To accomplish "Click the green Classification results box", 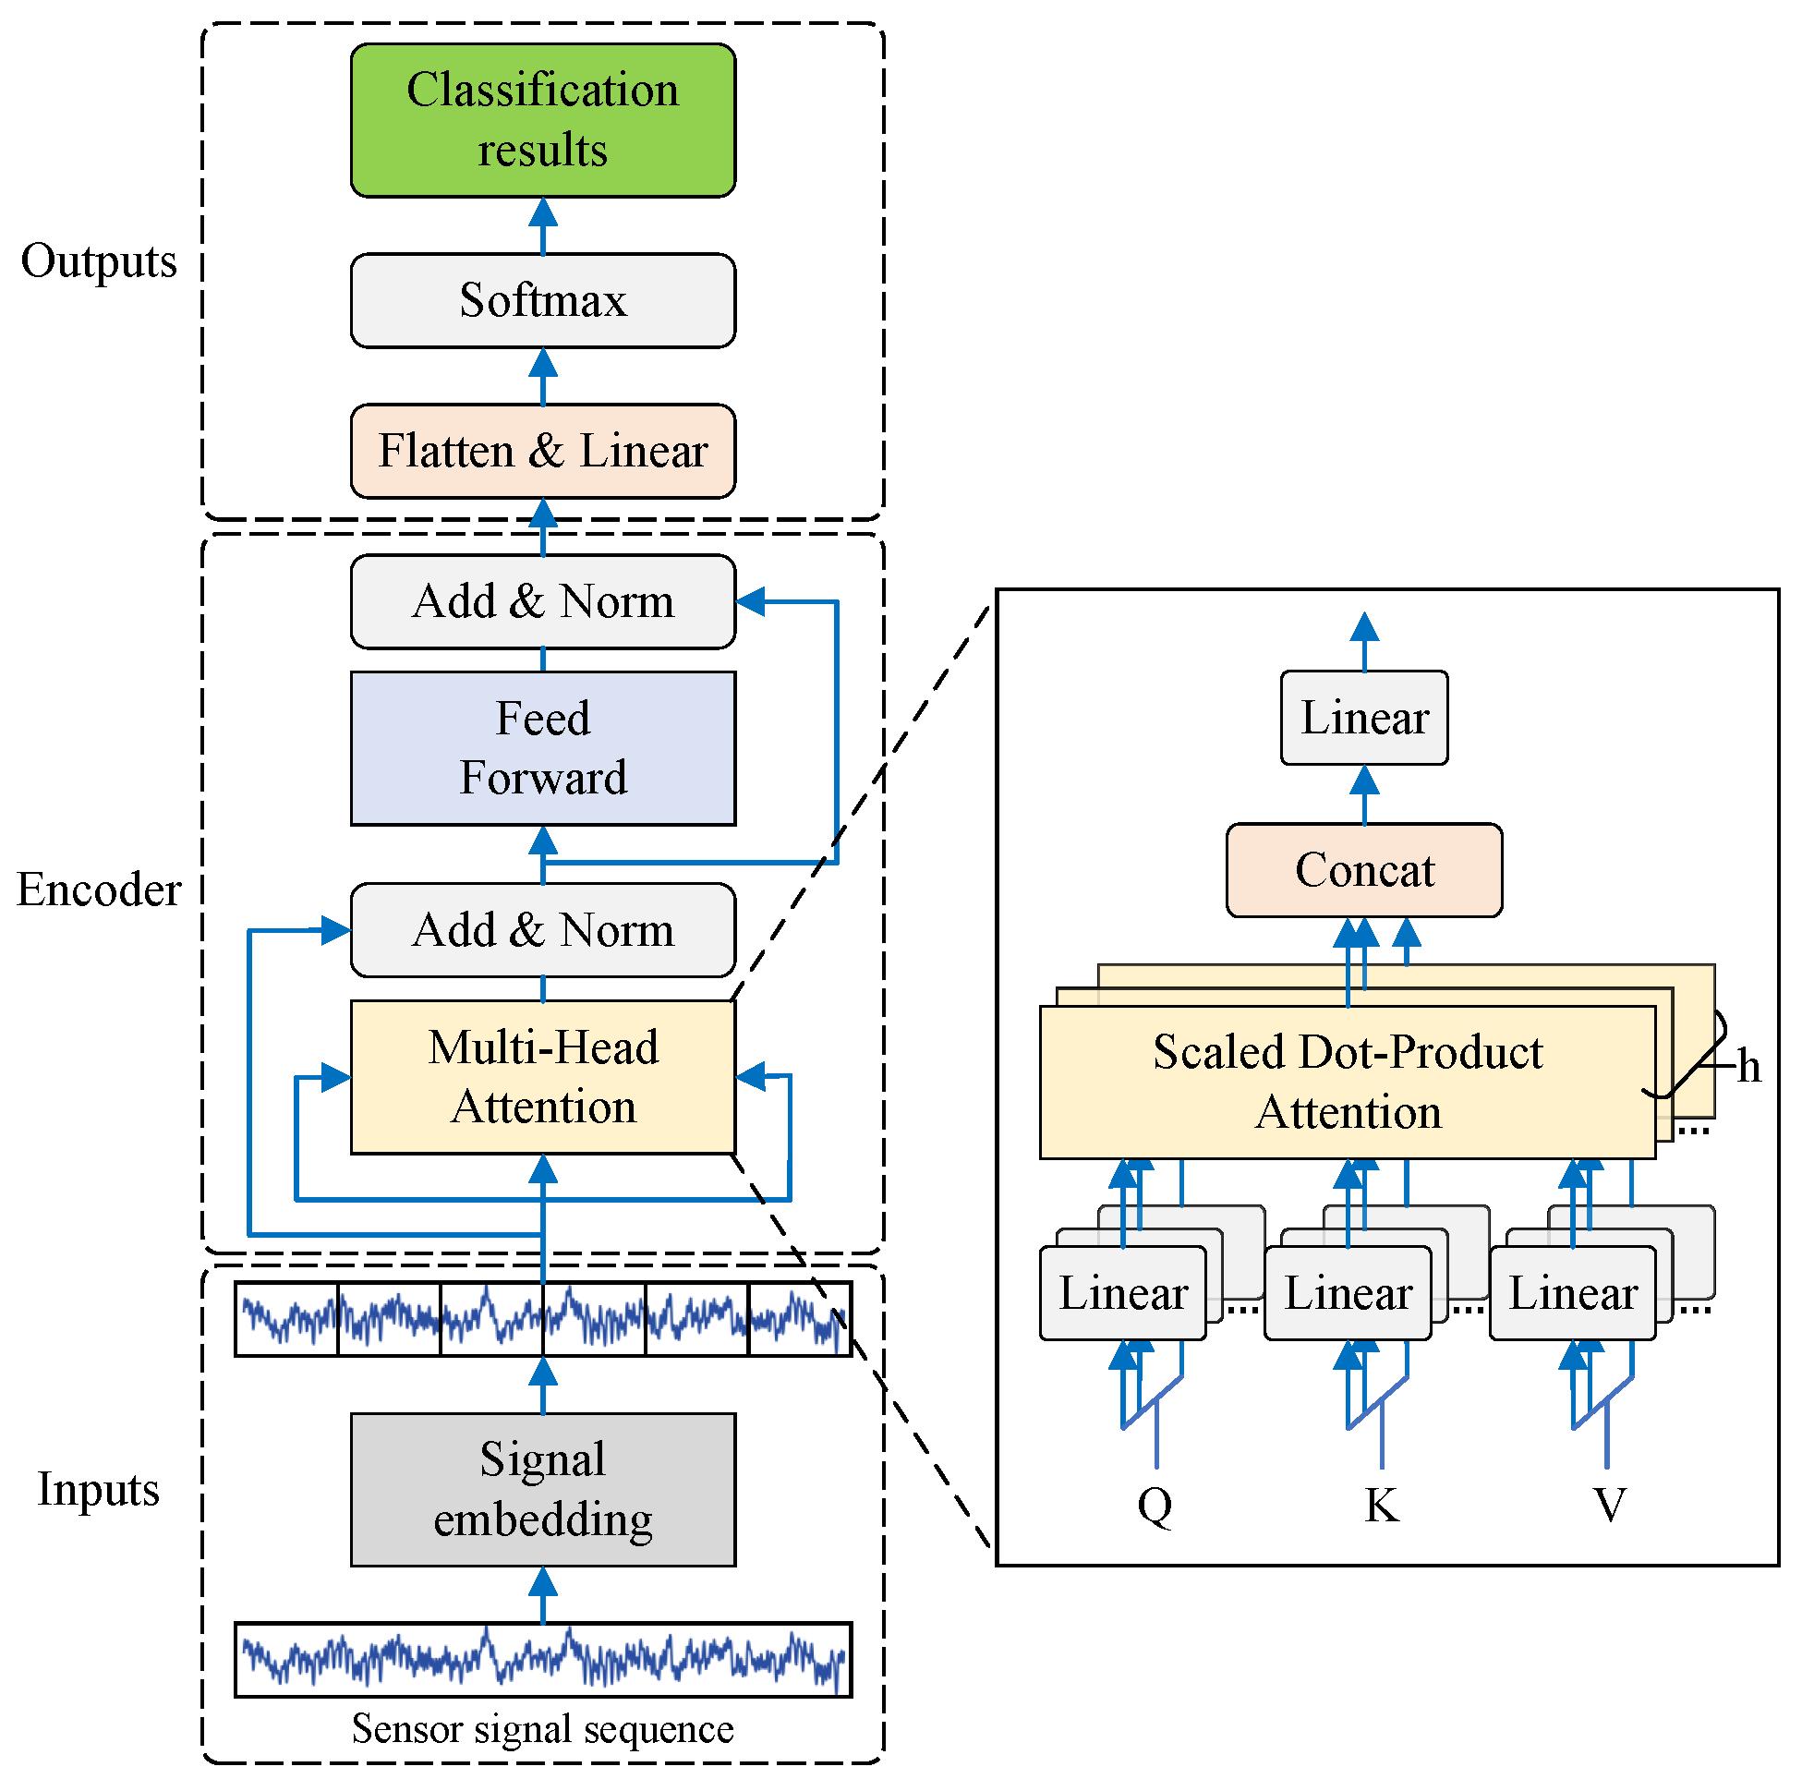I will coord(543,120).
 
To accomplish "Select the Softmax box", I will coord(543,300).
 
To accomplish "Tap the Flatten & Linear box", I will coord(543,451).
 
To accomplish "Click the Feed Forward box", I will coord(543,748).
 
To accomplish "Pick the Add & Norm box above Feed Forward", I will coord(543,601).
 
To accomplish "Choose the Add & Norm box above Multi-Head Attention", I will coord(543,930).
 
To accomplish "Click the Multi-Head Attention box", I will coord(543,1077).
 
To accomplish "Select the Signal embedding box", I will coord(543,1490).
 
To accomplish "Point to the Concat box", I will coord(1363,870).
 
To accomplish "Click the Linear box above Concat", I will coord(1363,718).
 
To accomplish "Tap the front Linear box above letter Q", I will coord(1123,1293).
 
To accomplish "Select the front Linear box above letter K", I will coord(1348,1293).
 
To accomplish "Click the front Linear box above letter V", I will coord(1573,1293).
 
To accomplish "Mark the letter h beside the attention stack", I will coord(1748,1066).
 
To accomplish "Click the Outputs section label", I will coord(99,261).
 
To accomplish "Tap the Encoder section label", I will coord(99,889).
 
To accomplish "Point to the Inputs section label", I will coord(99,1489).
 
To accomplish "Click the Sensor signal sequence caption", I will coord(543,1728).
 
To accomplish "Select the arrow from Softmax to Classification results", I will coord(543,225).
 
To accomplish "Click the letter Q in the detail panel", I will coord(1155,1505).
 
